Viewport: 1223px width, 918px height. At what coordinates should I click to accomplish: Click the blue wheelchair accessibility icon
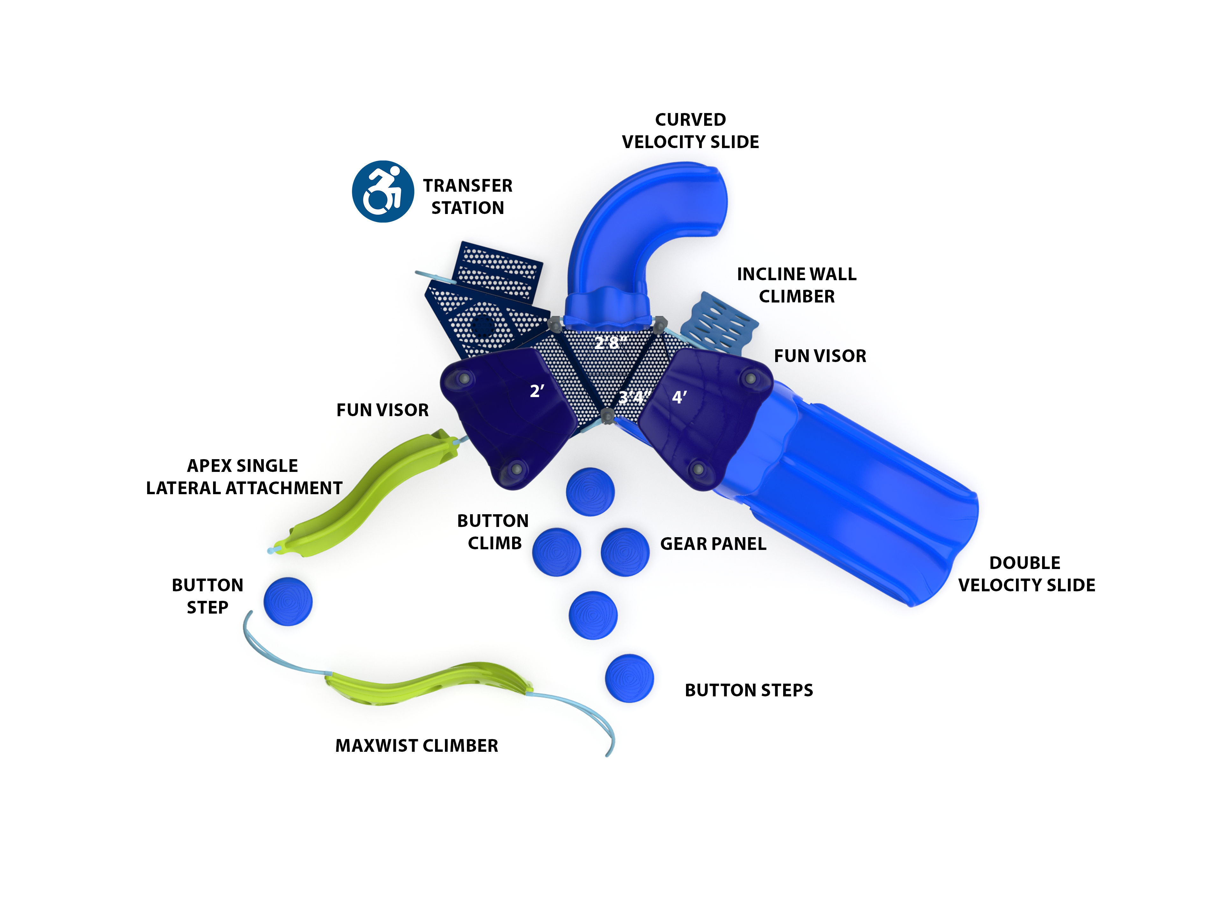tap(383, 191)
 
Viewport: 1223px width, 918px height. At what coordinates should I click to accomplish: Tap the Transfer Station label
tap(468, 197)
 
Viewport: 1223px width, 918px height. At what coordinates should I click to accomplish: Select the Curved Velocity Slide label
tap(690, 131)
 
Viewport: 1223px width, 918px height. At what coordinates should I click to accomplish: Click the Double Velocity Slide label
tap(1026, 574)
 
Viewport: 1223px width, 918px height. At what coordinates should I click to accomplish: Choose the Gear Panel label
tap(713, 544)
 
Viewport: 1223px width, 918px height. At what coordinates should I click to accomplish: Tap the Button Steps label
tap(749, 690)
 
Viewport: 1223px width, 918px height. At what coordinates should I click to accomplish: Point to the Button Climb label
tap(493, 532)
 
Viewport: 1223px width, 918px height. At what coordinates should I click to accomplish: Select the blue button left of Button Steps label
tap(629, 678)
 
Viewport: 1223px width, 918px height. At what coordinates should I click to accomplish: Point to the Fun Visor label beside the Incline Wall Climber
tap(819, 356)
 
